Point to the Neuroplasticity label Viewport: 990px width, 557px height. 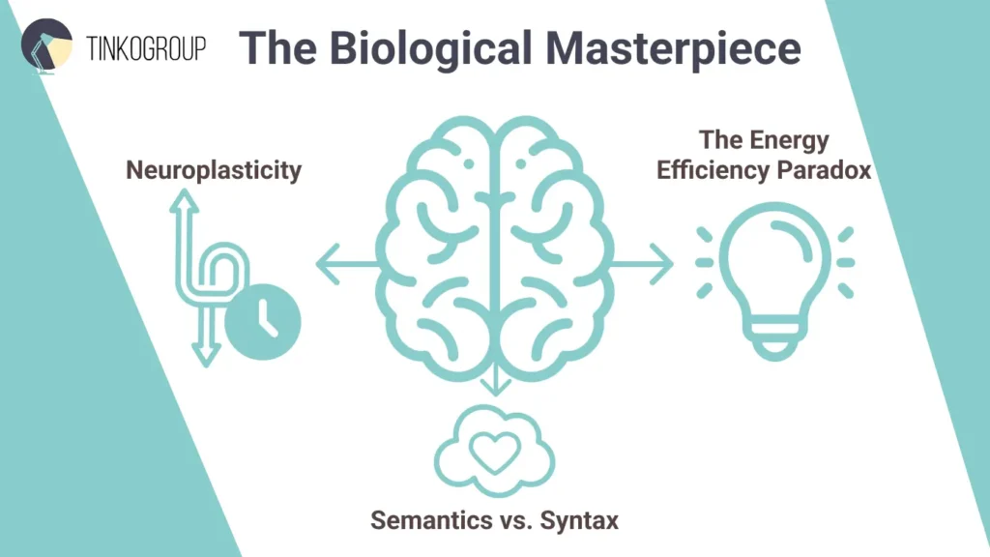214,171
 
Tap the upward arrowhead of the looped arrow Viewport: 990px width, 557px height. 184,198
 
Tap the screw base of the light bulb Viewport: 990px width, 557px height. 777,337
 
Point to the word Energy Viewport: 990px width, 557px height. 791,140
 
